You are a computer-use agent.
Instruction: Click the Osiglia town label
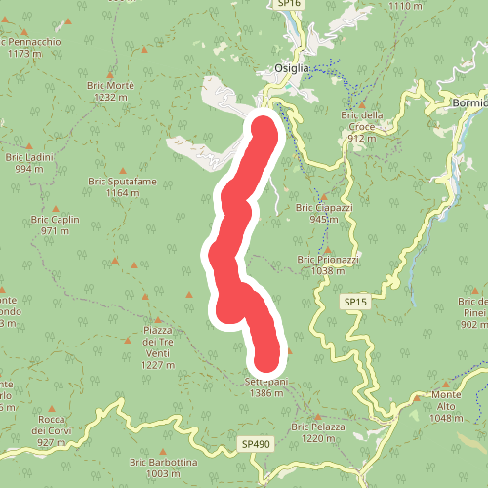coord(291,68)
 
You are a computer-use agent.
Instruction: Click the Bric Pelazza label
coord(318,432)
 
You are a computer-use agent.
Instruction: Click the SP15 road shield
coord(356,304)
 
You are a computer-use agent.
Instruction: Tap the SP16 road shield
coord(288,5)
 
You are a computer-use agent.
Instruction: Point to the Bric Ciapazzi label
coord(323,213)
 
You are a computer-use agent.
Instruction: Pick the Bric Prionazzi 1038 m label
coord(329,264)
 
